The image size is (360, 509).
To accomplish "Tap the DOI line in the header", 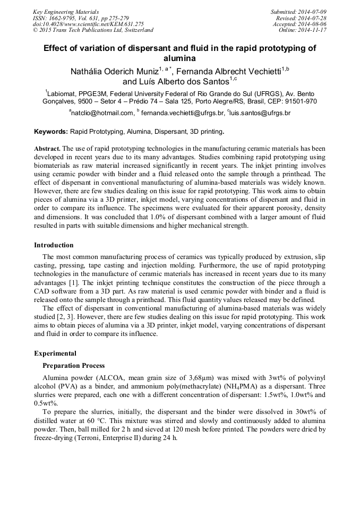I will click(x=88, y=24).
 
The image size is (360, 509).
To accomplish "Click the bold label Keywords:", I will click(x=51, y=131).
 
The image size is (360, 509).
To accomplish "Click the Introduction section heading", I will click(x=54, y=245).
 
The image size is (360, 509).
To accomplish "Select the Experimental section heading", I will click(x=55, y=353).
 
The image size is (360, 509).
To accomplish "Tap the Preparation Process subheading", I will click(x=73, y=366).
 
